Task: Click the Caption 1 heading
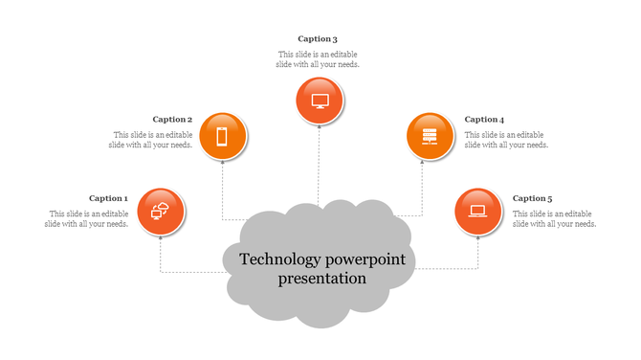pos(108,198)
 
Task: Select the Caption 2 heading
pos(172,120)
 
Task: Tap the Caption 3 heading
pos(318,39)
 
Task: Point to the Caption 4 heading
pos(484,120)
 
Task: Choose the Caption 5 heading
pos(532,198)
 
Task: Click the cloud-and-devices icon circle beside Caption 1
pos(161,211)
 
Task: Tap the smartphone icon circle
pos(222,136)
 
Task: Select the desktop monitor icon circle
pos(320,101)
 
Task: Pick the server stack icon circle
pos(430,136)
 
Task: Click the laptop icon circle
pos(478,211)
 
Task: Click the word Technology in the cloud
pos(280,259)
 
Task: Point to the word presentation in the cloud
pos(322,280)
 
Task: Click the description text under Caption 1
pos(87,218)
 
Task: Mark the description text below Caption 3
pos(319,59)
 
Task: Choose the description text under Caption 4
pos(506,140)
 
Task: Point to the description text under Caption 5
pos(555,218)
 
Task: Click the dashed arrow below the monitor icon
pos(319,163)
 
